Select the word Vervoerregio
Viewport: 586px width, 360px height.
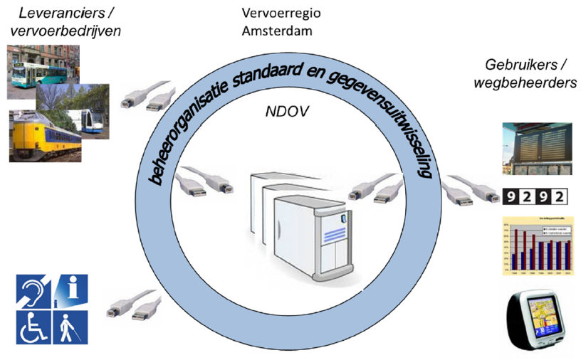(278, 14)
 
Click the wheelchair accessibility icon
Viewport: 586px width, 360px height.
(33, 326)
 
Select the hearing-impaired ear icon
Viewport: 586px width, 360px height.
(33, 291)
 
